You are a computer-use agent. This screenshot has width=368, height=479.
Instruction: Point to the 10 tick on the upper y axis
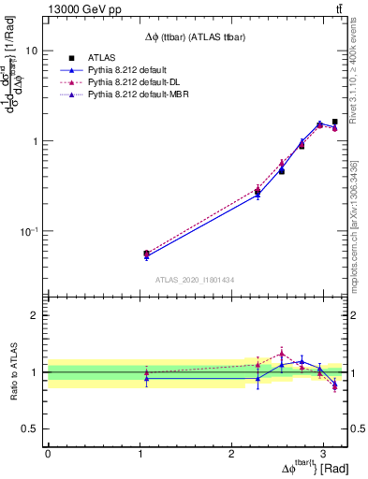pyautogui.click(x=35, y=51)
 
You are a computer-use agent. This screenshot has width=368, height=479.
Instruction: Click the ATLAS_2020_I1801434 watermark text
pyautogui.click(x=195, y=280)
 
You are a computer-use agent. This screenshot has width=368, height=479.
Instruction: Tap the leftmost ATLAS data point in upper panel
pyautogui.click(x=146, y=254)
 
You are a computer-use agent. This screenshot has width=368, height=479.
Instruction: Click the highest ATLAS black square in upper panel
pyautogui.click(x=334, y=122)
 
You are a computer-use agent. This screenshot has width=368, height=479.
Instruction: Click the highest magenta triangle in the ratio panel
pyautogui.click(x=281, y=353)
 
